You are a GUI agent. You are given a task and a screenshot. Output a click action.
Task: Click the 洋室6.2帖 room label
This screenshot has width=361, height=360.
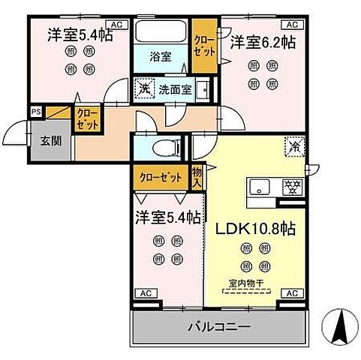(x=263, y=42)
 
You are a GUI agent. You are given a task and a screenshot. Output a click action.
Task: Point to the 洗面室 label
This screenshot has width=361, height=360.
(x=175, y=89)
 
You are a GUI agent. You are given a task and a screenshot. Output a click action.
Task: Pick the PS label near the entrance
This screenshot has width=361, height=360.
(x=35, y=112)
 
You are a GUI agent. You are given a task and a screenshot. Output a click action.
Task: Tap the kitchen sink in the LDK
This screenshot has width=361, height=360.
(x=259, y=187)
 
